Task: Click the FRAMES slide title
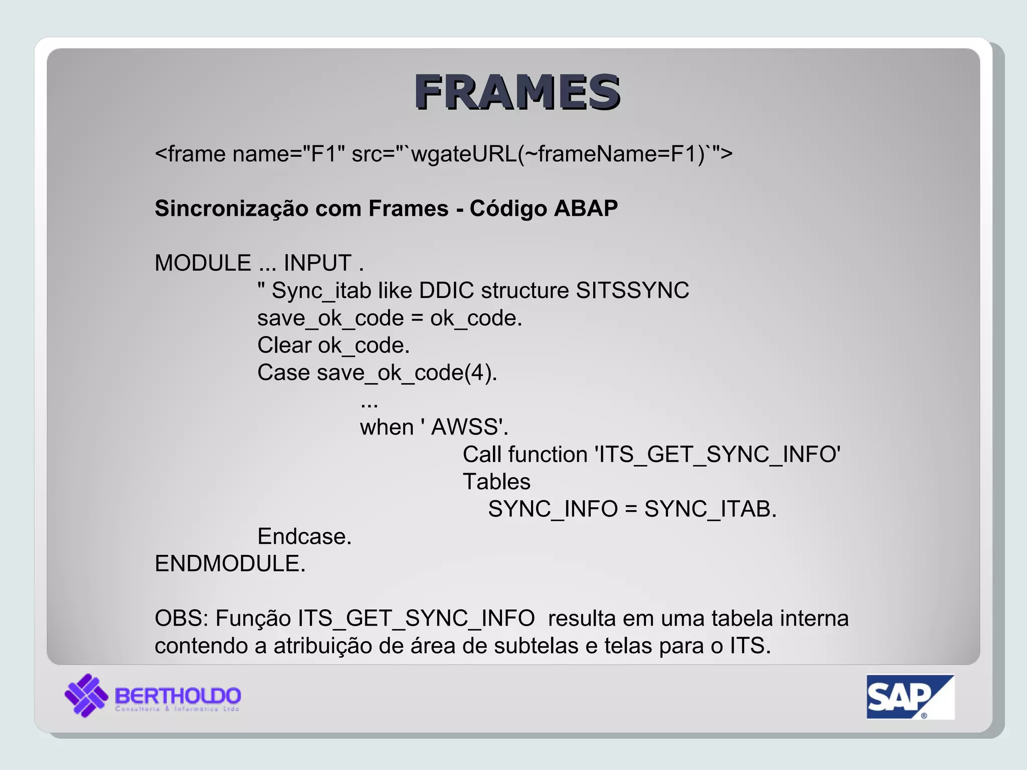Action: (x=517, y=92)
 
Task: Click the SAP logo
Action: (x=910, y=697)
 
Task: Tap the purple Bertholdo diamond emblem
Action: (x=86, y=695)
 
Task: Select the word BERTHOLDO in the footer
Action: (x=178, y=695)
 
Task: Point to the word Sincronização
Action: (x=232, y=209)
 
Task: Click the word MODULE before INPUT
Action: (x=203, y=263)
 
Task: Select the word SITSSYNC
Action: (x=632, y=290)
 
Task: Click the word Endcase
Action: (x=304, y=536)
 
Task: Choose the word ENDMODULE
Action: (x=230, y=563)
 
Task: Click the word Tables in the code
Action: (x=496, y=482)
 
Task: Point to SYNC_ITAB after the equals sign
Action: (x=710, y=509)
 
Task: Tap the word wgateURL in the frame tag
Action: (x=464, y=153)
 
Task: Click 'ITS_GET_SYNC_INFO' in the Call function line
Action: (x=717, y=455)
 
